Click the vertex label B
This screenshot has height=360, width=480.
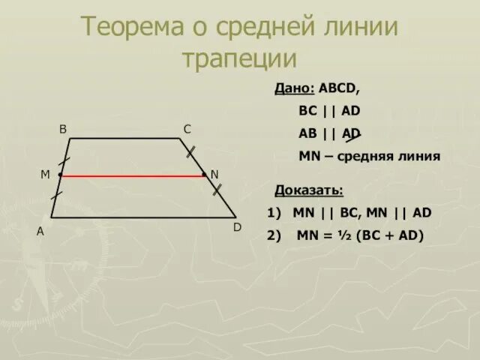pos(64,129)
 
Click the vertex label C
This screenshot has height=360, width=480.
pos(187,129)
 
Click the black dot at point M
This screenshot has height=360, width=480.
pos(60,175)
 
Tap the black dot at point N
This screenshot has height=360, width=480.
pos(204,175)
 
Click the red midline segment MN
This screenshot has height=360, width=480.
pos(132,175)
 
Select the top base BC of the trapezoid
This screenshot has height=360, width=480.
pos(124,139)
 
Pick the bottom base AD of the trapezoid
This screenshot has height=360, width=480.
pos(142,217)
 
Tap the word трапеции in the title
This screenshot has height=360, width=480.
pos(240,58)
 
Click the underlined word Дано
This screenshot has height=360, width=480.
pos(294,88)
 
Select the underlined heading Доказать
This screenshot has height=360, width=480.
pos(309,190)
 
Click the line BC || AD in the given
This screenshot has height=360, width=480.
pos(329,111)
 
